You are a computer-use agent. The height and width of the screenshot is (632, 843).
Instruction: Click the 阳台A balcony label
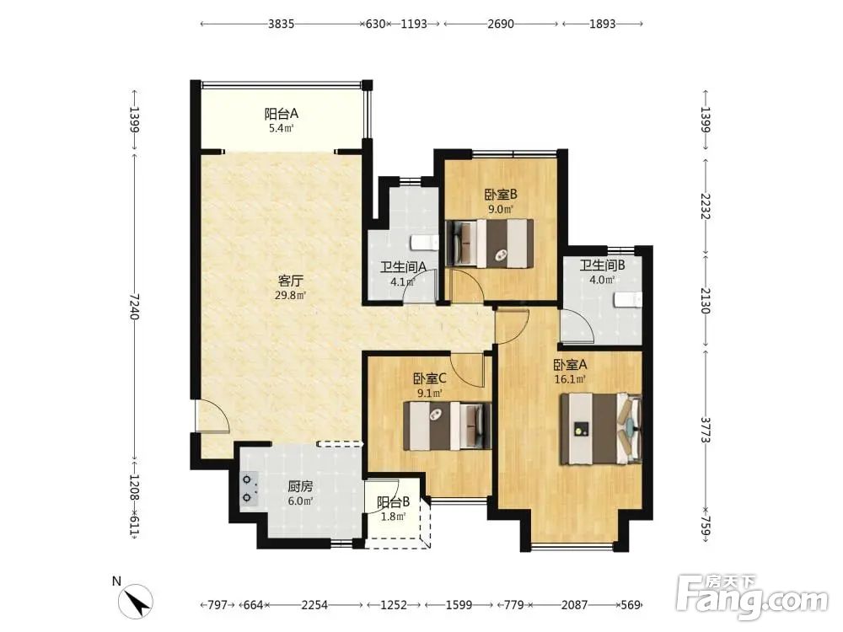tap(282, 114)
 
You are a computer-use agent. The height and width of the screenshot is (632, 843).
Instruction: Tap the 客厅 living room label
tap(291, 281)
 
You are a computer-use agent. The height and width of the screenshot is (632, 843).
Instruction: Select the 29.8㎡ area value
tap(290, 295)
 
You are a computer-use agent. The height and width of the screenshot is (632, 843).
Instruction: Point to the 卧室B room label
tap(501, 194)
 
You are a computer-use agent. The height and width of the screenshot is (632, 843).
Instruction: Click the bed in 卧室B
tap(489, 244)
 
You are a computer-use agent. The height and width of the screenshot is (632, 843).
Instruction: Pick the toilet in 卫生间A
tap(425, 243)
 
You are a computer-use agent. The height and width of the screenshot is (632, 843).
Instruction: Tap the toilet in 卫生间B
tap(629, 300)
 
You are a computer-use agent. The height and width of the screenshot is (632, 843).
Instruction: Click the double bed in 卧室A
tap(601, 429)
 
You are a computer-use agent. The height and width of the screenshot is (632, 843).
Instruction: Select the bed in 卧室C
tap(448, 426)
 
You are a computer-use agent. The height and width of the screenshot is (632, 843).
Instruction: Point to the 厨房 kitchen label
tap(300, 487)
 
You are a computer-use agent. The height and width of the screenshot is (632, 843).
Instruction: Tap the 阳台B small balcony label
tap(393, 502)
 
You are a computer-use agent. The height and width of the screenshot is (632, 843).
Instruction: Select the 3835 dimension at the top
tap(282, 24)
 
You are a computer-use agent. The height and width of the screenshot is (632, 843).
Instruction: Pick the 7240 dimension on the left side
tap(134, 307)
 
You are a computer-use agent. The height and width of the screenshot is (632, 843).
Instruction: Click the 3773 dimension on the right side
tap(706, 430)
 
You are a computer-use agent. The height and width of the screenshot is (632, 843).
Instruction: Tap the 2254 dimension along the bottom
tap(314, 605)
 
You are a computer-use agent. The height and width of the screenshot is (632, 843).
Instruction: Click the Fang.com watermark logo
tap(753, 597)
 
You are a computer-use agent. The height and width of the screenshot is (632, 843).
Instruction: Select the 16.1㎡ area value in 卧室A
tap(570, 379)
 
